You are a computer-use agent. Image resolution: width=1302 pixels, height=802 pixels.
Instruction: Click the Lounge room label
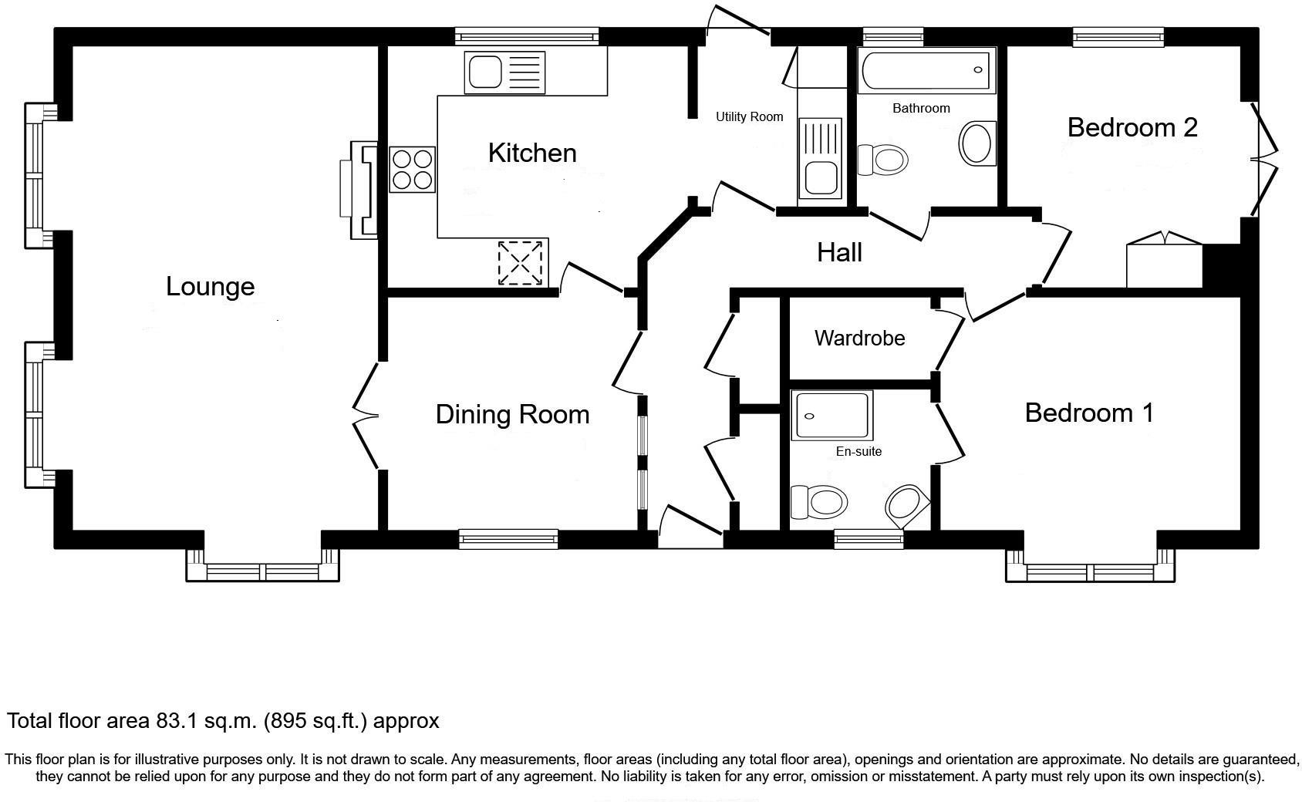pyautogui.click(x=211, y=287)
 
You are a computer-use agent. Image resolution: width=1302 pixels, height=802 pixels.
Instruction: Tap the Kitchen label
pyautogui.click(x=532, y=153)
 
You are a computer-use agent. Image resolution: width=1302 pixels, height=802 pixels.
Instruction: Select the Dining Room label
pyautogui.click(x=513, y=415)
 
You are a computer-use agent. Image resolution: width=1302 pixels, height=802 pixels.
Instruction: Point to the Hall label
pyautogui.click(x=839, y=253)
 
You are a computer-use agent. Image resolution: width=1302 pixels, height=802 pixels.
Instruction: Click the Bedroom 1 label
pyautogui.click(x=1088, y=413)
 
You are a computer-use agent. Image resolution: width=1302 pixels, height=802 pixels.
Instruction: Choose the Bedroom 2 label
pyautogui.click(x=1132, y=128)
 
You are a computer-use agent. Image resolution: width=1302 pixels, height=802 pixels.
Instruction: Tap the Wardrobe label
pyautogui.click(x=860, y=339)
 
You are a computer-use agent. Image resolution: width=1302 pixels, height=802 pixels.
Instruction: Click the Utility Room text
pyautogui.click(x=749, y=116)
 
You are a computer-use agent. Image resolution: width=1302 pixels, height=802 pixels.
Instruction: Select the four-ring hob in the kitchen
pyautogui.click(x=412, y=170)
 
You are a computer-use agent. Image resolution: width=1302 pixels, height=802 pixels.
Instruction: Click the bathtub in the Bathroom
pyautogui.click(x=926, y=70)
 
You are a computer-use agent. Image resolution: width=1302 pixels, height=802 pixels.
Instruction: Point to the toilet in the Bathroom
pyautogui.click(x=882, y=159)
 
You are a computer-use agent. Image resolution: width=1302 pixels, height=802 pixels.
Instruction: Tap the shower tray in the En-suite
pyautogui.click(x=831, y=415)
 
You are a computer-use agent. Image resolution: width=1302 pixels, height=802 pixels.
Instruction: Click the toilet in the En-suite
pyautogui.click(x=818, y=502)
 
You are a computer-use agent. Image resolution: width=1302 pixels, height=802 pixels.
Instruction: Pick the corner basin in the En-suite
pyautogui.click(x=908, y=507)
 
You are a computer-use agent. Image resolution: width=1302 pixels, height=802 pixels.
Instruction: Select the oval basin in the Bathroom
pyautogui.click(x=977, y=143)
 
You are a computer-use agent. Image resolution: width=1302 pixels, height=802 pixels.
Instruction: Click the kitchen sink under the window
pyautogui.click(x=504, y=72)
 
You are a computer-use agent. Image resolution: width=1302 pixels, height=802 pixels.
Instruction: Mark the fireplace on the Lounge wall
pyautogui.click(x=359, y=190)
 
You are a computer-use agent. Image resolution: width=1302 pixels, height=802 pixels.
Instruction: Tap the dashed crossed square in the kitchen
pyautogui.click(x=520, y=263)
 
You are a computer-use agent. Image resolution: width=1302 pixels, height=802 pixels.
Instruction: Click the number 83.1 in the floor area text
pyautogui.click(x=177, y=721)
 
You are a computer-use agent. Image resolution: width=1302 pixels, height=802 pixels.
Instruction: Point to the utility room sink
pyautogui.click(x=820, y=158)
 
